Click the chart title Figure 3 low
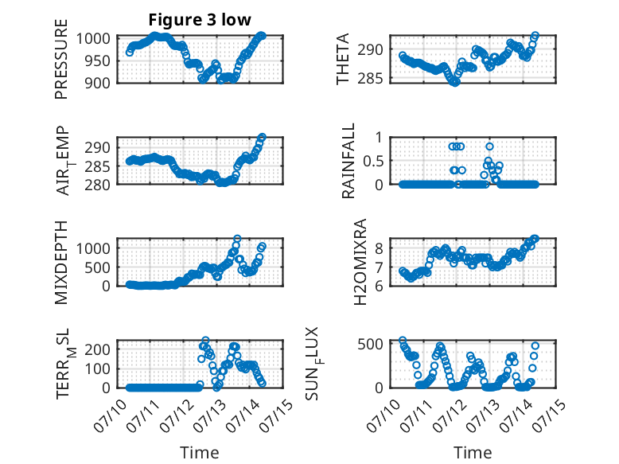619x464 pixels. click(x=200, y=20)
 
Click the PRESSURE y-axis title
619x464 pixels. click(x=61, y=59)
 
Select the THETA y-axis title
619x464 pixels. click(x=343, y=59)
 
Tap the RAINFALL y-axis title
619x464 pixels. click(x=348, y=161)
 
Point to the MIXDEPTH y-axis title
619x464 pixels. click(x=61, y=263)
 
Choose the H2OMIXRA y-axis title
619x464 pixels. click(x=360, y=262)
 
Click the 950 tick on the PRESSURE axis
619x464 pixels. click(x=97, y=60)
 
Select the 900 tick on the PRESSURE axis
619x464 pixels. click(x=97, y=83)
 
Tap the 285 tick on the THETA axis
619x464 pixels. click(x=370, y=79)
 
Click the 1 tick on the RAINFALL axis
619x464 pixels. click(x=380, y=138)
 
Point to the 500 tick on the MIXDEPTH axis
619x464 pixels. click(x=97, y=267)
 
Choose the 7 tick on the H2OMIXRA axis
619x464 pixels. click(x=380, y=267)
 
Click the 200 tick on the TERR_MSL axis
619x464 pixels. click(x=97, y=349)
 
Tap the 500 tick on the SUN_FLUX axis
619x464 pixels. click(x=370, y=344)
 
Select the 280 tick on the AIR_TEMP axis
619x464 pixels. click(x=97, y=185)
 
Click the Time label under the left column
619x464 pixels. click(x=200, y=452)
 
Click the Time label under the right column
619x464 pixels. click(x=473, y=452)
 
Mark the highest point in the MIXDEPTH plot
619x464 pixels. click(x=237, y=239)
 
